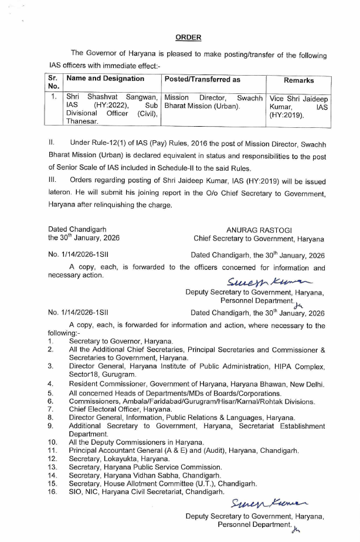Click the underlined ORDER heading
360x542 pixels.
(188, 38)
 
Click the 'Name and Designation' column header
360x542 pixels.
(106, 79)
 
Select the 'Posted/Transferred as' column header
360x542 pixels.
(198, 79)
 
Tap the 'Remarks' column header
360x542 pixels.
(298, 80)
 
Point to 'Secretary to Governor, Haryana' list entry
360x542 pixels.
(121, 341)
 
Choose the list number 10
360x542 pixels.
(53, 441)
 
